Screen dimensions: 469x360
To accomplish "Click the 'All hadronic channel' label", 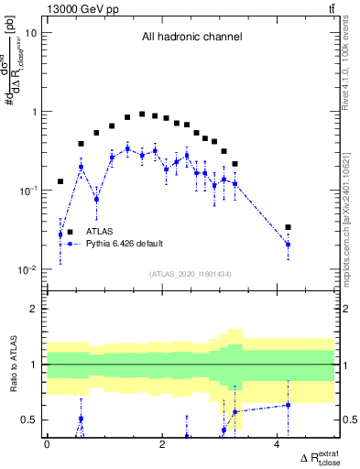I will coord(191,38).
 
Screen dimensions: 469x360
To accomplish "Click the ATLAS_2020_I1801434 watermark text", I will coord(191,274).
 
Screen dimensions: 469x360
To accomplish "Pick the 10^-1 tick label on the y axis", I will coord(27,191).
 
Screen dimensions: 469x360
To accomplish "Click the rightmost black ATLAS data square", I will coord(288,227).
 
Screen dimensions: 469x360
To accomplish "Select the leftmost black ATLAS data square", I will coord(60,181).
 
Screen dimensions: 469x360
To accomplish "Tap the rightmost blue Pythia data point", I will coord(288,245).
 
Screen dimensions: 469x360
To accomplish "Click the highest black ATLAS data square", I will coord(142,115).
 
